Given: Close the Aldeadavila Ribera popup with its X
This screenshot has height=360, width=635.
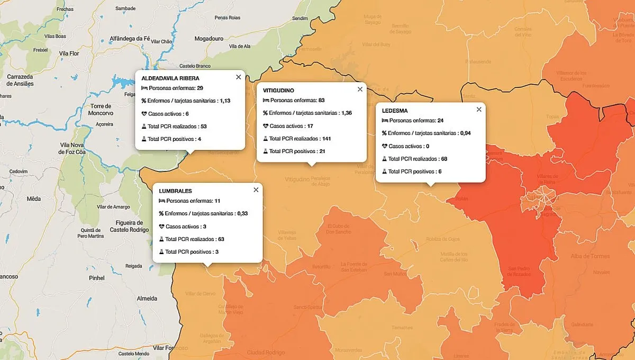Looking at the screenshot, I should coord(238,77).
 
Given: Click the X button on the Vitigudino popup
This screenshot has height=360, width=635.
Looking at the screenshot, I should coord(360,89).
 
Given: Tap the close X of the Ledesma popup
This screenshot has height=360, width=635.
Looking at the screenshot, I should coord(479,110).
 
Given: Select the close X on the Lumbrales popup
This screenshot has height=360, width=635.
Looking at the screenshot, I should coord(256,190).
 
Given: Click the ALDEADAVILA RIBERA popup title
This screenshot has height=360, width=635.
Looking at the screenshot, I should coord(170,78).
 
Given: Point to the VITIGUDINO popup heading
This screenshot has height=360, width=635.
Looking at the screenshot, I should coord(278,91).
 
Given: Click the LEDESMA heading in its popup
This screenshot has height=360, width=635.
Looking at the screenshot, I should coord(394,111).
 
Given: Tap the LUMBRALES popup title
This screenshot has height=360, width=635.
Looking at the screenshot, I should coord(175,191).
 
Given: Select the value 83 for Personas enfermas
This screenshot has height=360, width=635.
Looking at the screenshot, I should coord(321,101).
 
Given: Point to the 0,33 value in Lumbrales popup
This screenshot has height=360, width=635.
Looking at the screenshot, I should coord(243,213).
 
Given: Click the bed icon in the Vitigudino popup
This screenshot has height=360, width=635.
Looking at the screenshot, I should coord(266,101).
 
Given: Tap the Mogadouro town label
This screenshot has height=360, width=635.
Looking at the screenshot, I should coord(209,39).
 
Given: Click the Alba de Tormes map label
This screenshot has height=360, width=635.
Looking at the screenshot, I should coord(590,257).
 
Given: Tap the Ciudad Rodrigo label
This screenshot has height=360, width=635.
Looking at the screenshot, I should coord(266,353).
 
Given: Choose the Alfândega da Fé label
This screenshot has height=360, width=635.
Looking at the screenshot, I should coord(130,39).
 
